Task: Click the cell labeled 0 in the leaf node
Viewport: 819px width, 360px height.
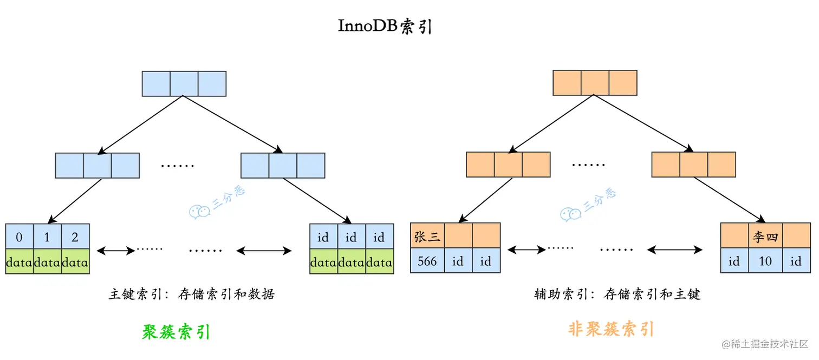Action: click(19, 237)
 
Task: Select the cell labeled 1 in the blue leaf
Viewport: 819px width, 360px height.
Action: click(48, 237)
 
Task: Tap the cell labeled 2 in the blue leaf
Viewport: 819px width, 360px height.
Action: click(75, 237)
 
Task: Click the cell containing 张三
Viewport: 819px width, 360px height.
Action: click(427, 237)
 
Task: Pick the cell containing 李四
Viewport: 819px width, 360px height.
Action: click(765, 237)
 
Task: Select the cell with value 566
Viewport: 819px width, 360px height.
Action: click(427, 261)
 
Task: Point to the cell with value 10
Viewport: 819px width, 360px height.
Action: click(765, 261)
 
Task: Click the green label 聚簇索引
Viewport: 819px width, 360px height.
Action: click(176, 331)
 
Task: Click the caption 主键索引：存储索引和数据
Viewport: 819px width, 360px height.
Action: click(192, 294)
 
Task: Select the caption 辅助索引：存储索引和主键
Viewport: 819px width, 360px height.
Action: click(617, 294)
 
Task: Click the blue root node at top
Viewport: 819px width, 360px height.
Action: click(184, 84)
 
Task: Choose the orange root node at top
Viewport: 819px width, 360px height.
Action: click(595, 83)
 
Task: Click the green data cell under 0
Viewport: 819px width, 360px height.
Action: click(19, 262)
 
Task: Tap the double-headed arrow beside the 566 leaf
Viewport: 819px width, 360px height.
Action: click(526, 250)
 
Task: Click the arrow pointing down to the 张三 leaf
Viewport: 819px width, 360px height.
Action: click(485, 200)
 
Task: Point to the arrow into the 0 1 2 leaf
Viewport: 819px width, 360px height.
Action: click(75, 200)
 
